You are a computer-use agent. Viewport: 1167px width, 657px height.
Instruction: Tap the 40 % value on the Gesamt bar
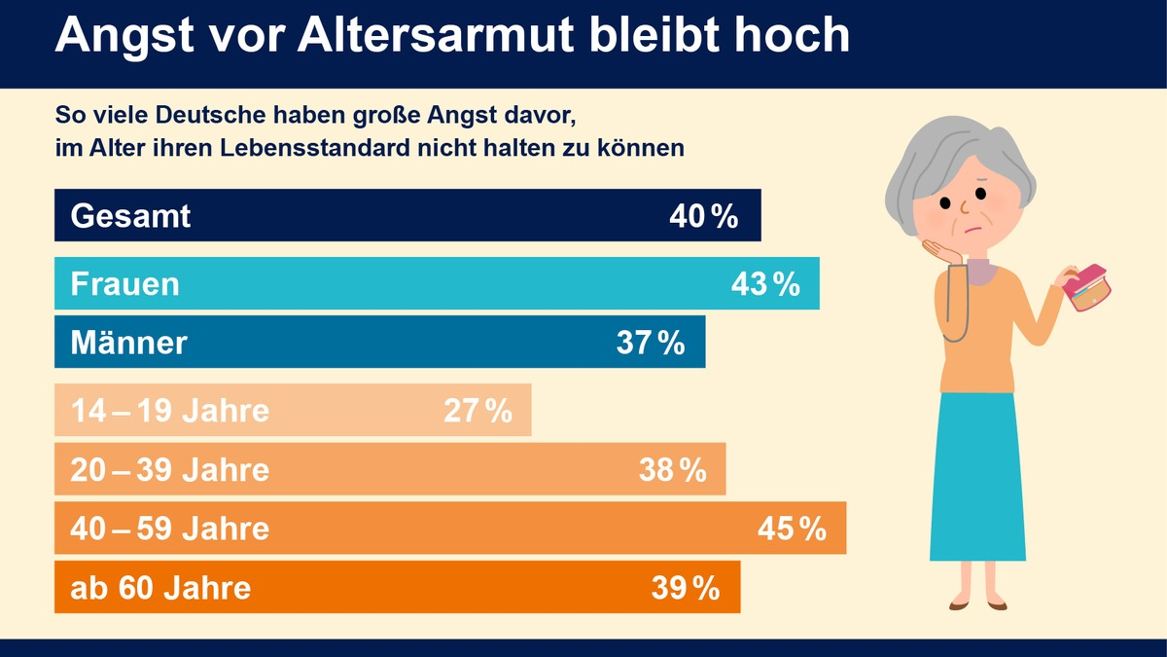703,216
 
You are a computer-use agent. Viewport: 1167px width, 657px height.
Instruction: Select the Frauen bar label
124,284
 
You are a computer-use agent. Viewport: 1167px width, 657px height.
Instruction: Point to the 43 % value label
764,284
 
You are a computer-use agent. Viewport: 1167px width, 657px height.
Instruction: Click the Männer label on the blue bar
128,343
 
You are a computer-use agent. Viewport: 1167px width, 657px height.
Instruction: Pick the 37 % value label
651,343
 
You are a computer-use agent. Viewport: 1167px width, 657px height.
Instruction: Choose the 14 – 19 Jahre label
169,411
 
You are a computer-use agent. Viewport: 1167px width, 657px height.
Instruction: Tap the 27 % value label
477,412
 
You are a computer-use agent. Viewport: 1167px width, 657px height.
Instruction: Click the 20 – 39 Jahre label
169,470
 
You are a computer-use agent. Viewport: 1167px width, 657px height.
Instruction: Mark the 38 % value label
672,470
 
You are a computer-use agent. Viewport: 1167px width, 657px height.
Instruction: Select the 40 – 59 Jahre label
169,529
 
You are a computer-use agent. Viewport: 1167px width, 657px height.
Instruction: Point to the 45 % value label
792,529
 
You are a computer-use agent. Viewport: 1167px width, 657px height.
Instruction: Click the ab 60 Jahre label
160,588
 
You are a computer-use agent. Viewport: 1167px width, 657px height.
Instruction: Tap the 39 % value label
686,588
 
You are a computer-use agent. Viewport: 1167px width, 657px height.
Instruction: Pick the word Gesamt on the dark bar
130,216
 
